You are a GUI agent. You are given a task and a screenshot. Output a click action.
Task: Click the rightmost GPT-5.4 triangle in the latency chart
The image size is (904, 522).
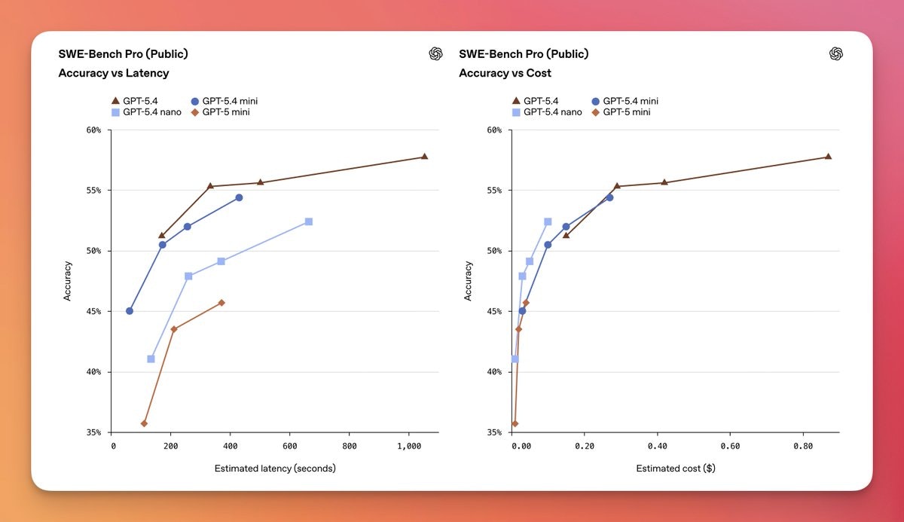424,157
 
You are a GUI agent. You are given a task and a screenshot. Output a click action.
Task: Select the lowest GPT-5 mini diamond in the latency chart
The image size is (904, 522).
144,423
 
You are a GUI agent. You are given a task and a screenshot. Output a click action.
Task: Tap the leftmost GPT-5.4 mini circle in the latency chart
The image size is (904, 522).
130,311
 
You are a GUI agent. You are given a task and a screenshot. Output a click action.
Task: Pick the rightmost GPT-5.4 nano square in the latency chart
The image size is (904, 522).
308,221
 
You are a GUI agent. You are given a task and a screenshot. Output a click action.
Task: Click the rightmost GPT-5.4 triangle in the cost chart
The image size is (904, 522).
828,157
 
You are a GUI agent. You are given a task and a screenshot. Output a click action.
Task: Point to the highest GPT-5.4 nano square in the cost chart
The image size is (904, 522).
548,221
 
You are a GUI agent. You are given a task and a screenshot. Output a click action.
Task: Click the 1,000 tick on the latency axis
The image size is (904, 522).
408,446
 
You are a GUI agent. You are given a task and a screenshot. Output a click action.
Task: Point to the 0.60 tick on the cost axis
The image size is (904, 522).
730,446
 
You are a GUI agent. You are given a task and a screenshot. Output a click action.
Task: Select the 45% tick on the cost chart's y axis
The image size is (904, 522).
493,311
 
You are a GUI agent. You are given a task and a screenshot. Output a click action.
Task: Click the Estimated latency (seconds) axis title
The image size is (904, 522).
275,469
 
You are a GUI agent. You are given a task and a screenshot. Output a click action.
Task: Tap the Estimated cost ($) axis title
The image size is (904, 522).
676,469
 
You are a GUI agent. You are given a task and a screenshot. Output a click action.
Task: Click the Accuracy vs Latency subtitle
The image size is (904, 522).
114,73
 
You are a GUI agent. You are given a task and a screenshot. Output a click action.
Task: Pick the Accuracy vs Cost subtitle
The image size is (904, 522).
505,73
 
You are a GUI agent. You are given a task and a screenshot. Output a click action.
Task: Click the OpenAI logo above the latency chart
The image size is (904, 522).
435,53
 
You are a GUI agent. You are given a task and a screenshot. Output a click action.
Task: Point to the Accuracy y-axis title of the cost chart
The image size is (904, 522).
469,281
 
